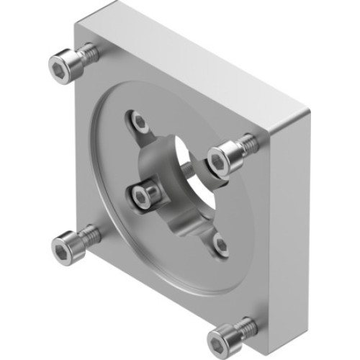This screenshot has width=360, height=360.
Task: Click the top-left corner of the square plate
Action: (x=77, y=24)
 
